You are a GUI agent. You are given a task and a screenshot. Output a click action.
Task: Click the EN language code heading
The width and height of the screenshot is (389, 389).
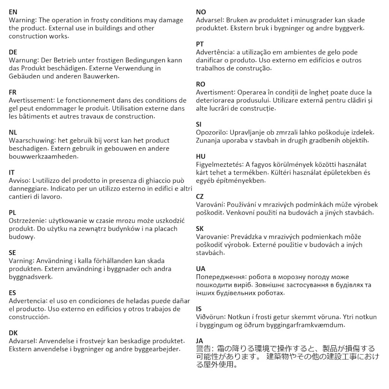13,12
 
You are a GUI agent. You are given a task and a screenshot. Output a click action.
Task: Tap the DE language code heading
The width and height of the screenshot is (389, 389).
13,52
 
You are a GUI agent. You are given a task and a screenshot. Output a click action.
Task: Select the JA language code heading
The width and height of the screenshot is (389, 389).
199,341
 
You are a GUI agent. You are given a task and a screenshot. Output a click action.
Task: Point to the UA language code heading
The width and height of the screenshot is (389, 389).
200,269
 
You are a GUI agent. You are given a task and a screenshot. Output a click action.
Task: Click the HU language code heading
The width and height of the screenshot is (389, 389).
200,157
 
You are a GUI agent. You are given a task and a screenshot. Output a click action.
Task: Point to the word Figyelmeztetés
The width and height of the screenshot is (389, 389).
219,164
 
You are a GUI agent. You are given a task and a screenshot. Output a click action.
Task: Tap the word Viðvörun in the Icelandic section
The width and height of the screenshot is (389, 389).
211,317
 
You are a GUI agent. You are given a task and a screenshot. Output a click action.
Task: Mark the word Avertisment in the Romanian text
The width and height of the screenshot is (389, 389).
215,92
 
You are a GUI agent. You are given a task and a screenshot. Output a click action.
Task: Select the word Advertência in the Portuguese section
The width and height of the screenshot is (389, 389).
215,52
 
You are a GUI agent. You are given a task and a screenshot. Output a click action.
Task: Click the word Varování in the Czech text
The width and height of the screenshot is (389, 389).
210,204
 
